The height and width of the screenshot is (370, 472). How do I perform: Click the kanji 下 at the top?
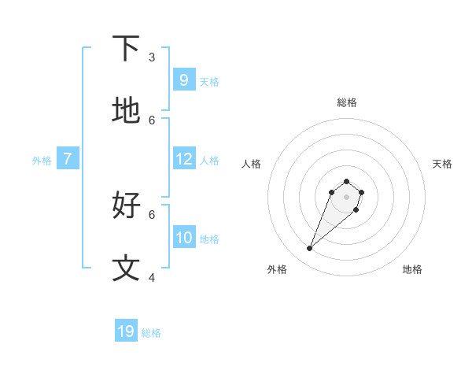point(127,49)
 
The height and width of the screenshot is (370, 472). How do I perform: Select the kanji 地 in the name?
point(127,111)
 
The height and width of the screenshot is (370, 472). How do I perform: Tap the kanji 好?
point(127,205)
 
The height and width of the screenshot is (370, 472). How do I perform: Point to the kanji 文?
point(127,268)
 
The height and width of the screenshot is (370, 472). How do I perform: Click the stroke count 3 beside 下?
point(152,57)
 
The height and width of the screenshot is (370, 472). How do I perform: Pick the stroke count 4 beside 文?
point(152,277)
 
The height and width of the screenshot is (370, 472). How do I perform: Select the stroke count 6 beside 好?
point(152,214)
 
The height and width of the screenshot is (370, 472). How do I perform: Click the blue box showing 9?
point(183,80)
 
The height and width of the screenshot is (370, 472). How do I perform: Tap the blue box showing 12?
point(183,159)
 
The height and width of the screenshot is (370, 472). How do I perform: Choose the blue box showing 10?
point(183,238)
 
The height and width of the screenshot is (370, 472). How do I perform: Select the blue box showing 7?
point(68,159)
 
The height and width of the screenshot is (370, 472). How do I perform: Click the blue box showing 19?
point(126,331)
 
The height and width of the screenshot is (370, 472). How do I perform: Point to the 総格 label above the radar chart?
point(346,102)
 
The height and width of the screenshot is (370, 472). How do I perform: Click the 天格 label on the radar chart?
point(442,164)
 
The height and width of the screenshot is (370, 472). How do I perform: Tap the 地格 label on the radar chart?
point(412,269)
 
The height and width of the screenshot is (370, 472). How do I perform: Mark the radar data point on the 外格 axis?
point(310,249)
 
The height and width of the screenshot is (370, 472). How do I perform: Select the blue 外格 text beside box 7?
point(42,161)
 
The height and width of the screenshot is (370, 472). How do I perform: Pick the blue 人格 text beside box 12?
point(209,161)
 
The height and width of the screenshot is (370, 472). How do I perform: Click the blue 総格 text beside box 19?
point(151,333)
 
